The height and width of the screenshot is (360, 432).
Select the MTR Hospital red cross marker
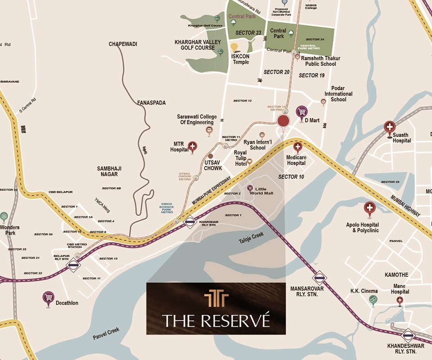coord(193,146)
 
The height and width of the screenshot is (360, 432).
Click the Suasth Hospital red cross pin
coord(390,127)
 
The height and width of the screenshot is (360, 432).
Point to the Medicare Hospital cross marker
coord(297,147)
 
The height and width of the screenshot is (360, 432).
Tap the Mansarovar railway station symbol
coord(319,278)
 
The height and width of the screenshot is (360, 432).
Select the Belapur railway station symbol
coord(73,265)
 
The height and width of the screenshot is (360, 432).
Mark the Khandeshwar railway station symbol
coord(408,334)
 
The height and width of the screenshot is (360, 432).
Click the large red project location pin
coord(283,121)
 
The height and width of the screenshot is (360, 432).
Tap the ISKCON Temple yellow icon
coord(234,47)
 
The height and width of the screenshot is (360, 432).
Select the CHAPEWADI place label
coord(123,44)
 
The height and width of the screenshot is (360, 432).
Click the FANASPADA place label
coord(151,103)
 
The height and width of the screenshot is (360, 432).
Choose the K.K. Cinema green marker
coord(373,299)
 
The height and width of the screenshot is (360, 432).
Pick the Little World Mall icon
coord(250,188)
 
